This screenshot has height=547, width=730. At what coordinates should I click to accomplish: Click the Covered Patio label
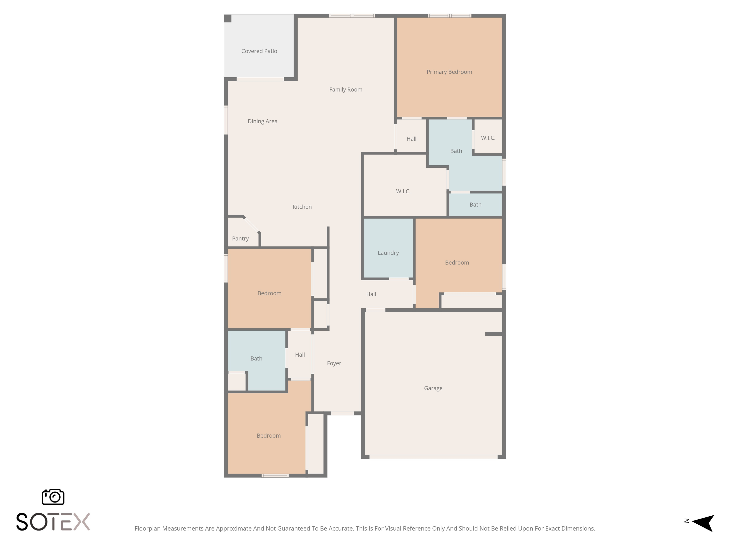259,51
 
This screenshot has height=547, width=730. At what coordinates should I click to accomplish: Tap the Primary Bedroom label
449,72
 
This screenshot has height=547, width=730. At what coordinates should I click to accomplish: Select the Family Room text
346,90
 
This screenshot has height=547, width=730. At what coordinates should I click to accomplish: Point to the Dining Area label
262,121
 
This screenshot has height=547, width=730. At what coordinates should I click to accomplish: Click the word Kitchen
302,207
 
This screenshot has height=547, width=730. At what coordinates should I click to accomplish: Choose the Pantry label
240,239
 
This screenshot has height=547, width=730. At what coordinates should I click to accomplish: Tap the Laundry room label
388,253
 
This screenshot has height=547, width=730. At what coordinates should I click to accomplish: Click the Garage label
433,388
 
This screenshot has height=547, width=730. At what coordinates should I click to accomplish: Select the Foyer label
334,363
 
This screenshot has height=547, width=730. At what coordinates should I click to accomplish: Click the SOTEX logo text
53,522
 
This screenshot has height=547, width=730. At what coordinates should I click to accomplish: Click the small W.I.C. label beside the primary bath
488,138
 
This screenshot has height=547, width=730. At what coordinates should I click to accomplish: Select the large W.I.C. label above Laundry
403,191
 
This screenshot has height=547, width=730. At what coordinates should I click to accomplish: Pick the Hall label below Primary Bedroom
411,139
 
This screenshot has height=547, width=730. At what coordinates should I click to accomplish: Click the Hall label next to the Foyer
300,355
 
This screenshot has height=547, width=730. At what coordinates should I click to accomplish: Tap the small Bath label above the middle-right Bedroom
475,205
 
